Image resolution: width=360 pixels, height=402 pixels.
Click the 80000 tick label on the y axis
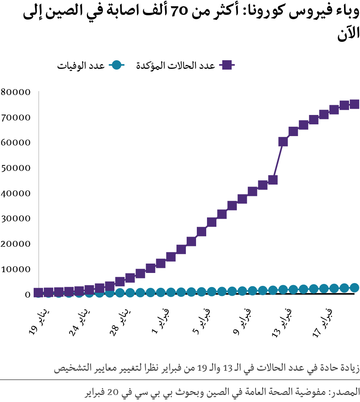[x=15, y=92]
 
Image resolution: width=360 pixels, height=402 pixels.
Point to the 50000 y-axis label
[x=15, y=168]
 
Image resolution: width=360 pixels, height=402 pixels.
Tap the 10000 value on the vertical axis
[x=15, y=269]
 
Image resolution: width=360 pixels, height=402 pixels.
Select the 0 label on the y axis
[x=27, y=294]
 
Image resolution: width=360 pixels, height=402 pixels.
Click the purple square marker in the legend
[x=226, y=65]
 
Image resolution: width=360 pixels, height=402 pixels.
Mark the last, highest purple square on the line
[x=355, y=104]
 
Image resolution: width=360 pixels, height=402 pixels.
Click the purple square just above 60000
[x=283, y=142]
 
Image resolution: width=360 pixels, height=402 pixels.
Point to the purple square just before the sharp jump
[x=273, y=180]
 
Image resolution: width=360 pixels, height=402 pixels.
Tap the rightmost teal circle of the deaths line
[x=355, y=288]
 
